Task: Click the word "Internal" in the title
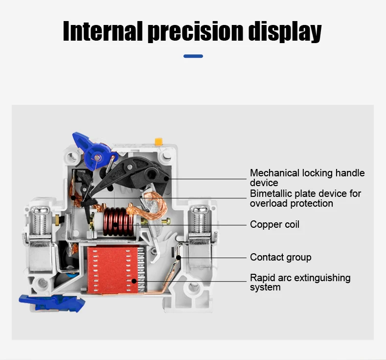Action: [103, 31]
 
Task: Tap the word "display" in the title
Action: [285, 32]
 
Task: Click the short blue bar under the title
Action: [193, 56]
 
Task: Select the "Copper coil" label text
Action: [274, 224]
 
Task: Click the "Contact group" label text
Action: [281, 257]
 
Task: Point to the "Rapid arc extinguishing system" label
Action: [300, 283]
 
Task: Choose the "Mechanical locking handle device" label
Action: [307, 178]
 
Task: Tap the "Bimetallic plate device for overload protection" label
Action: [305, 198]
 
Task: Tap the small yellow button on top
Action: [159, 141]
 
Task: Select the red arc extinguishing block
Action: [113, 269]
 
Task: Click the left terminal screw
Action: [41, 220]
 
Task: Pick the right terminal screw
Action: [200, 220]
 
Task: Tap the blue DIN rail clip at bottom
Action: [52, 303]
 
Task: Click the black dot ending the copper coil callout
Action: [115, 225]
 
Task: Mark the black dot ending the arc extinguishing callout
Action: [134, 281]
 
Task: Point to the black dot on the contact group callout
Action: [179, 258]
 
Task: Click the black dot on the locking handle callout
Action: [167, 179]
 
